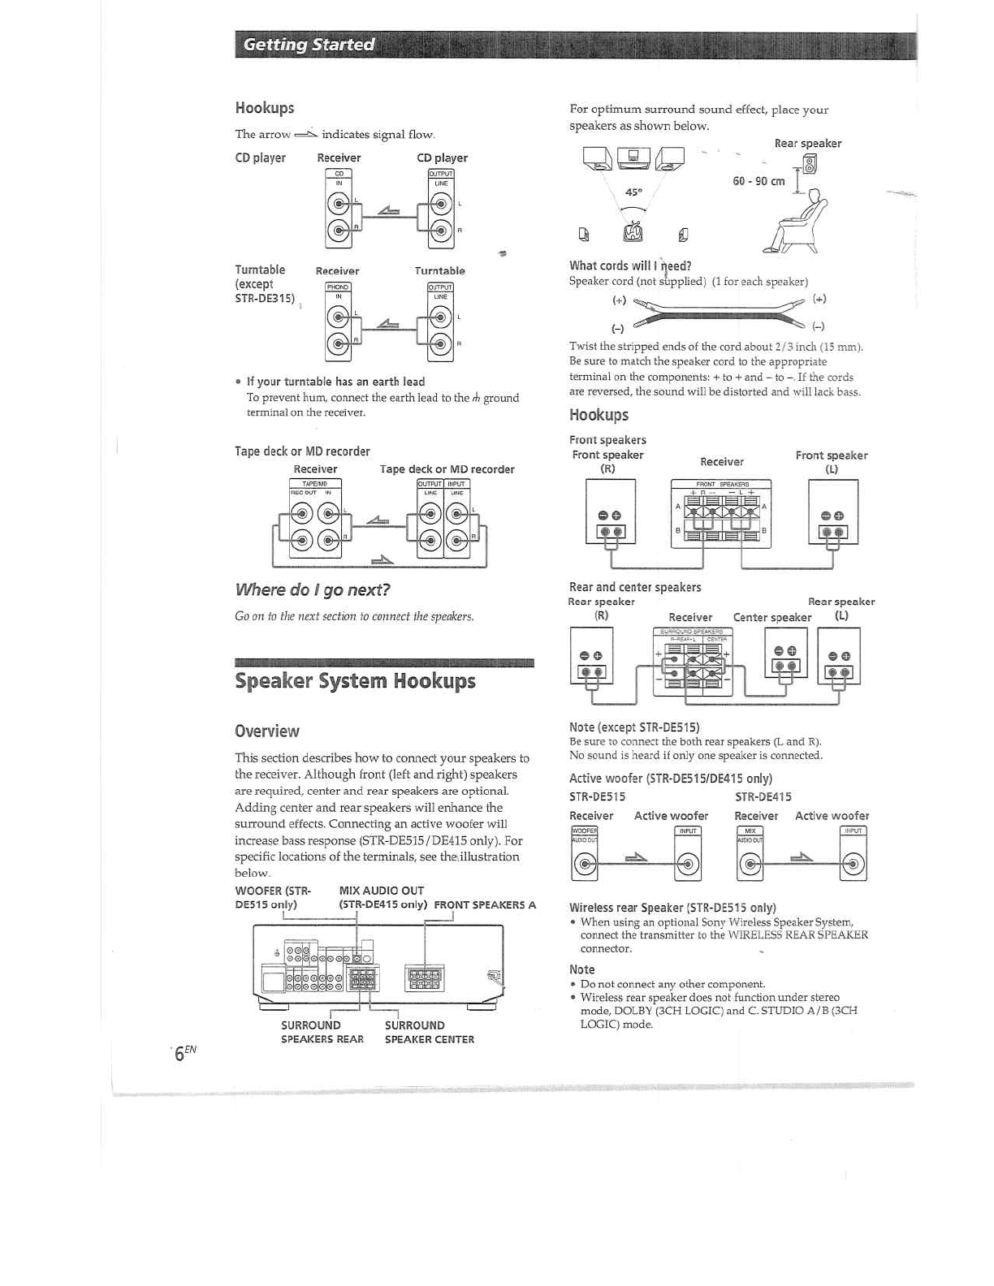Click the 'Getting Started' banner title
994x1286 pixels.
(309, 45)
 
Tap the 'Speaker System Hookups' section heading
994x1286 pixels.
(355, 680)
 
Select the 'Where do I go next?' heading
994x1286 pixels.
(313, 589)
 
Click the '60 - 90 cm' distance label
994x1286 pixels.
(758, 181)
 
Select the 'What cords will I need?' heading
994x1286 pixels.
(630, 265)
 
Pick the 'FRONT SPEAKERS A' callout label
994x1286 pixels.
(485, 904)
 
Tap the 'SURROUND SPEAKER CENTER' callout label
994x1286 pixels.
(429, 1032)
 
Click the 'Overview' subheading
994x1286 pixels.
(267, 731)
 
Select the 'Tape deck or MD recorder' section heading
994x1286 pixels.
(302, 451)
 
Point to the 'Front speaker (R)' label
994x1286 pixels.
(607, 461)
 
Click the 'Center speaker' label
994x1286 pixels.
(771, 617)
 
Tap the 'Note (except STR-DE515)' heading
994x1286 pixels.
(634, 727)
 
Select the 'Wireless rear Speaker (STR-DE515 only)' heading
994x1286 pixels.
(672, 908)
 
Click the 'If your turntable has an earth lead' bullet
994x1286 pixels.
(335, 382)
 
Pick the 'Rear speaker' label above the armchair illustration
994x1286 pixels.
(807, 144)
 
